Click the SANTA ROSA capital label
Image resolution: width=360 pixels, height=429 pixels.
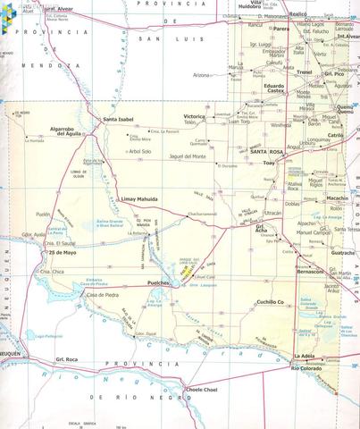tap(269, 154)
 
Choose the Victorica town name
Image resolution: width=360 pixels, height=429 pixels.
tap(195, 117)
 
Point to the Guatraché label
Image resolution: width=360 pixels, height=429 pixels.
tap(343, 253)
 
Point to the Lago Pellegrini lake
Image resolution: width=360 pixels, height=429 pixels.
tap(43, 337)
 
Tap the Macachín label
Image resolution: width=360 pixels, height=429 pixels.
tap(337, 197)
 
